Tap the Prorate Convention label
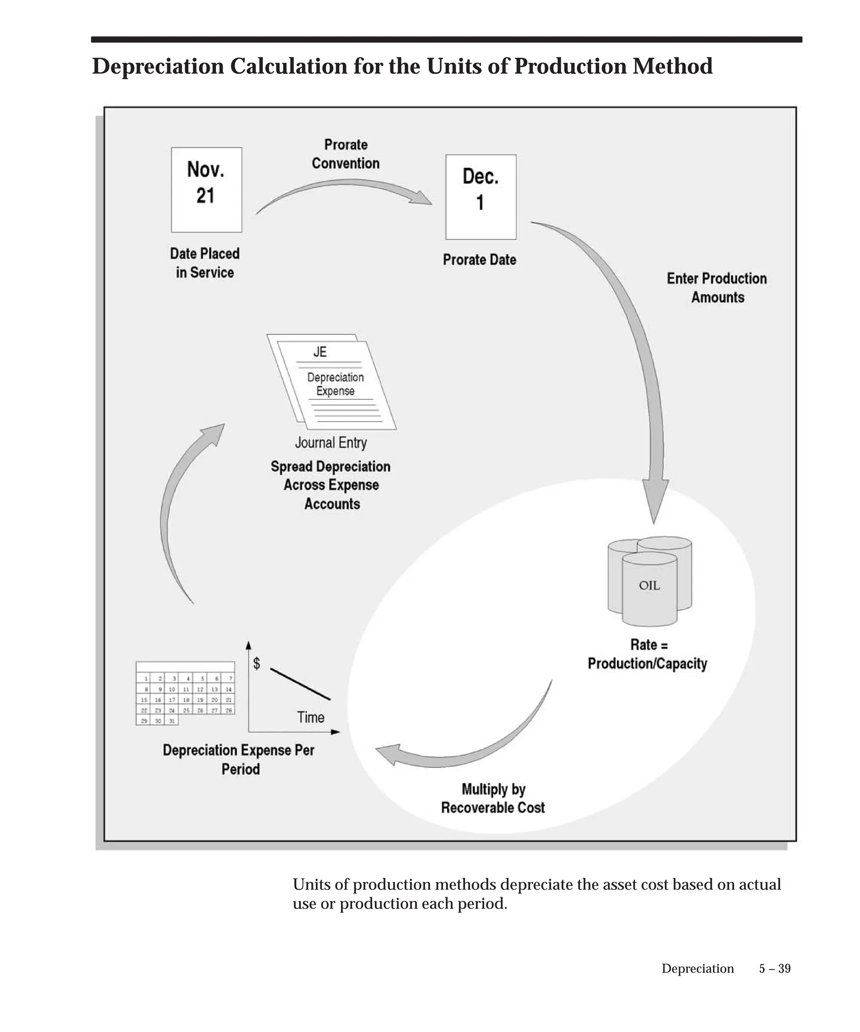346,154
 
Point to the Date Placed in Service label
205,263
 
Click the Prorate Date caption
479,259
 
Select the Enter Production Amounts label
716,288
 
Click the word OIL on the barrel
649,585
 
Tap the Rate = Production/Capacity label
647,654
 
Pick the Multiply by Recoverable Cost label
493,799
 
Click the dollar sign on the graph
256,663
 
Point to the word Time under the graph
311,717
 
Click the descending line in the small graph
300,684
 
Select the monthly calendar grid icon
185,693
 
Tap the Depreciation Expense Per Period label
239,759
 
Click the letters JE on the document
320,352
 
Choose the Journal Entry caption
331,443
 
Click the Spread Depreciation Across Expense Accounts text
331,485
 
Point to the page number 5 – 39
774,969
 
